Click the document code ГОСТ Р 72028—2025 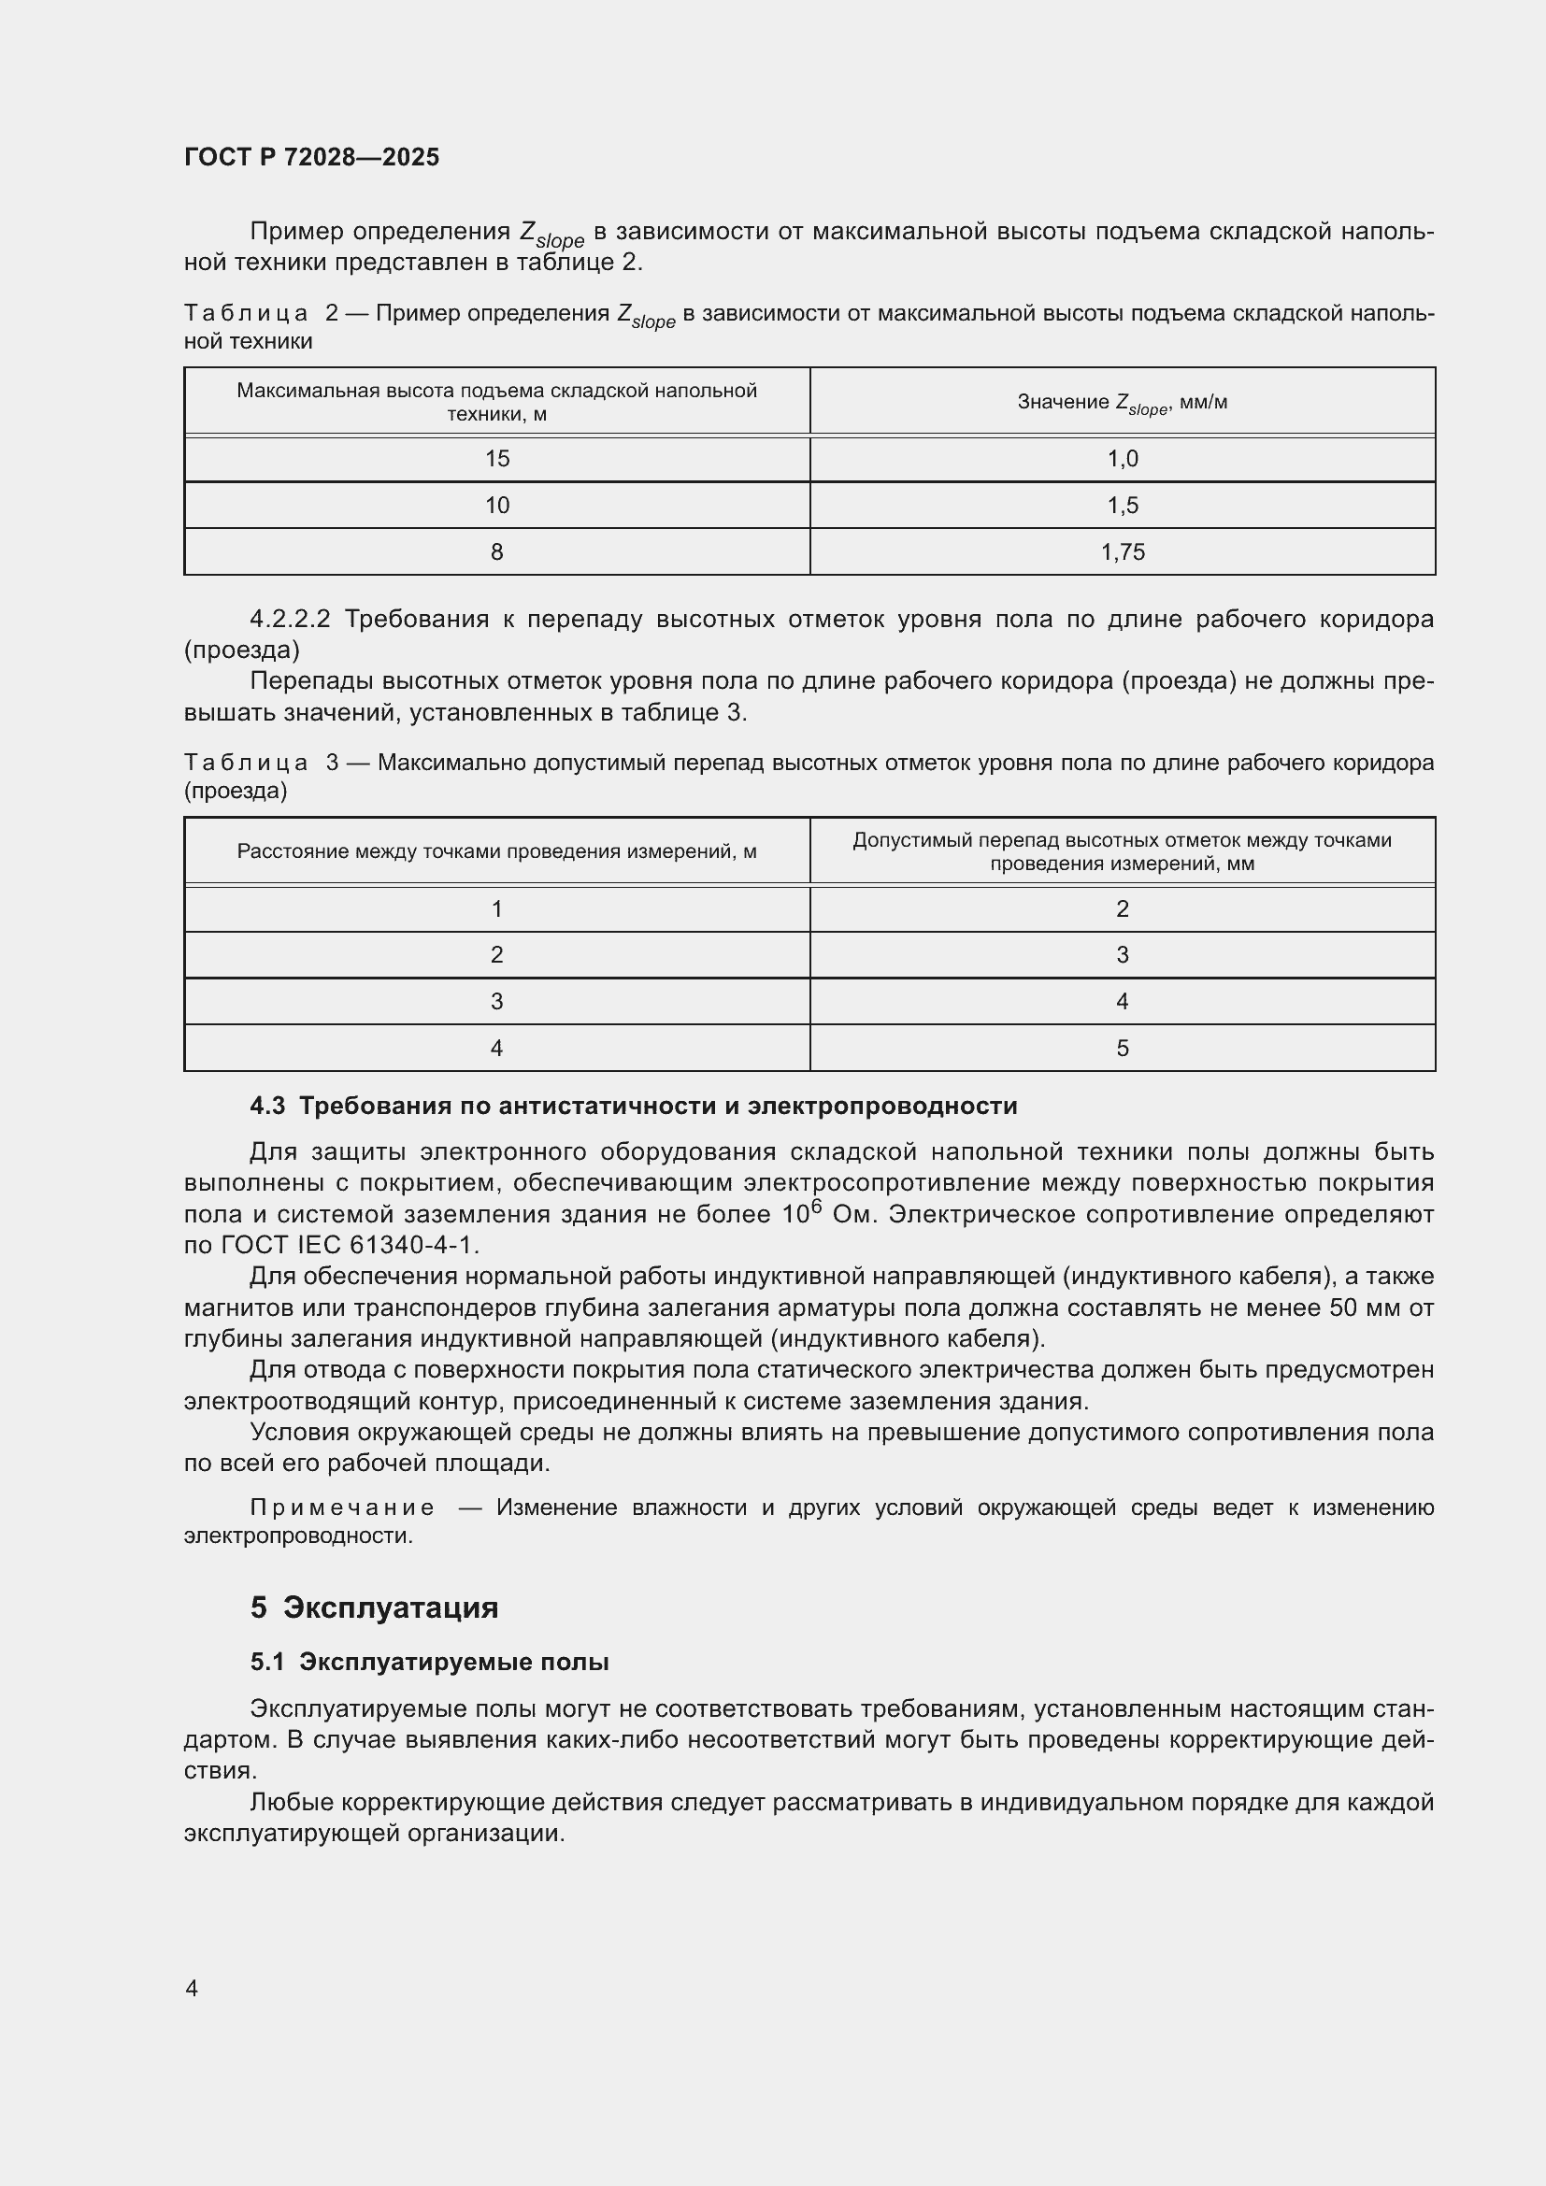pyautogui.click(x=311, y=157)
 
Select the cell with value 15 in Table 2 pyautogui.click(x=497, y=459)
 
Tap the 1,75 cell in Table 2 pyautogui.click(x=1123, y=552)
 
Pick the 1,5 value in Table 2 pyautogui.click(x=1123, y=506)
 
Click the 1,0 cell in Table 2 pyautogui.click(x=1123, y=459)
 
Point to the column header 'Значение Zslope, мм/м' pyautogui.click(x=1123, y=403)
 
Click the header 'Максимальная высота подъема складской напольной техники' pyautogui.click(x=497, y=402)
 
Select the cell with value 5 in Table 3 pyautogui.click(x=1123, y=1049)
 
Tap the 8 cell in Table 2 pyautogui.click(x=497, y=552)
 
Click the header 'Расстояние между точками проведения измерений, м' pyautogui.click(x=497, y=851)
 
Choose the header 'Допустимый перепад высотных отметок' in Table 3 pyautogui.click(x=1123, y=851)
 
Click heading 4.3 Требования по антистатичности pyautogui.click(x=633, y=1106)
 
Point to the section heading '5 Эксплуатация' pyautogui.click(x=374, y=1607)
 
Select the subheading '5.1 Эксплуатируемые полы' pyautogui.click(x=429, y=1662)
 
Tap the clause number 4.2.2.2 pyautogui.click(x=290, y=620)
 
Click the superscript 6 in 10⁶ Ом pyautogui.click(x=816, y=1206)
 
